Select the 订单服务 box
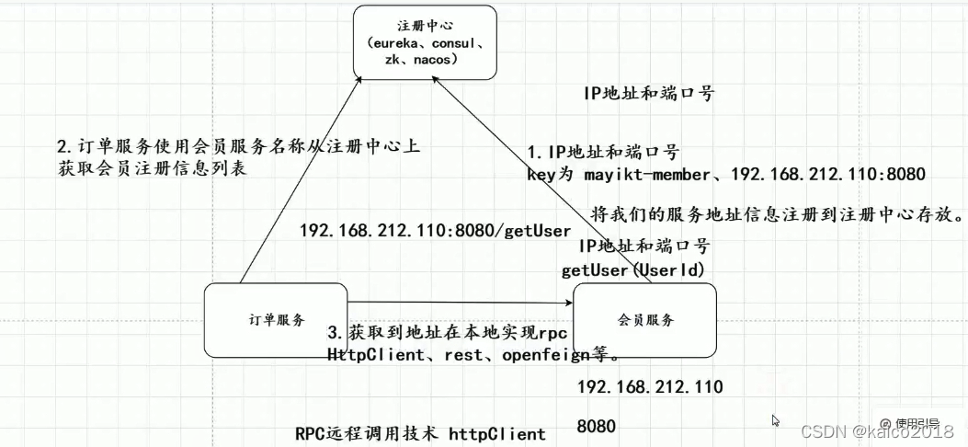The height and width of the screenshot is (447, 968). [x=276, y=320]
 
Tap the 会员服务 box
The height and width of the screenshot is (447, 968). [x=644, y=320]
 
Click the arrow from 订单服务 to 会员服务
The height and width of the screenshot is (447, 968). [x=460, y=301]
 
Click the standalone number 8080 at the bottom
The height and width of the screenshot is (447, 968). [x=596, y=427]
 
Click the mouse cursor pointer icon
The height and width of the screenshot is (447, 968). [x=776, y=420]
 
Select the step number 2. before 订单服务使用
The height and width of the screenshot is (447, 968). [x=63, y=148]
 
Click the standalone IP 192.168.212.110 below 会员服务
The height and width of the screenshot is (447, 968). [x=650, y=386]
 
